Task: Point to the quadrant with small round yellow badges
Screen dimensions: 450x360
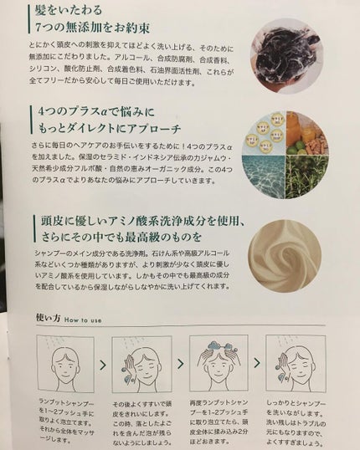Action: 280,124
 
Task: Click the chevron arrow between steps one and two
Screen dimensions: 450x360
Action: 103,366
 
